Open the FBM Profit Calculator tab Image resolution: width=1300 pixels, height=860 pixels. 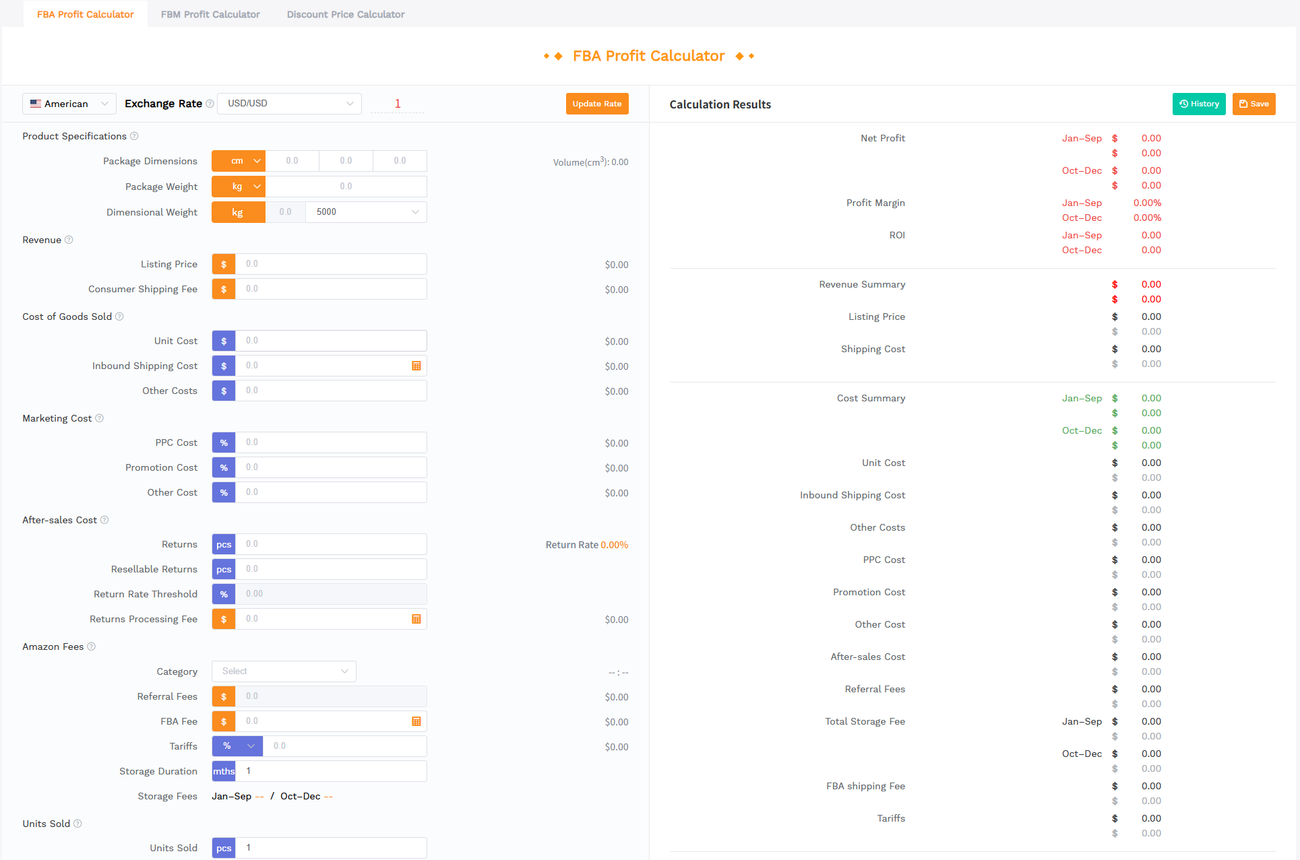coord(210,14)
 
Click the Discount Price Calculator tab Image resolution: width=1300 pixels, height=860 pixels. coord(346,14)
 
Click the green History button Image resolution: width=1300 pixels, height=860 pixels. coord(1199,104)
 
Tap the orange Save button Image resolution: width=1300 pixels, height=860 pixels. coord(1253,104)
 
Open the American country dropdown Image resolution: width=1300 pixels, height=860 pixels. coord(69,104)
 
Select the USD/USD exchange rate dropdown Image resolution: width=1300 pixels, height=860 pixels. coord(289,104)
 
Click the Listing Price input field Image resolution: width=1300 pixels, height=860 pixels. coord(330,264)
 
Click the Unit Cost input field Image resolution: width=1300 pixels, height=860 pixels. coord(330,341)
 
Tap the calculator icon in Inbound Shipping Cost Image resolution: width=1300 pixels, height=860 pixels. coord(416,366)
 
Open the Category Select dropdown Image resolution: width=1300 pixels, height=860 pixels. coord(284,671)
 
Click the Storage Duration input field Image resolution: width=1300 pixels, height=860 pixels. coord(330,771)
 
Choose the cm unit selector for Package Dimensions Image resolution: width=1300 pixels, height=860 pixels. coord(239,161)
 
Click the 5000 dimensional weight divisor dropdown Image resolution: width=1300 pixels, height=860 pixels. coord(366,212)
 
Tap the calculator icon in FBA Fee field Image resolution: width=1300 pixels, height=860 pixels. coord(416,721)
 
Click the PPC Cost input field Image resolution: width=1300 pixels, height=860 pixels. coord(330,442)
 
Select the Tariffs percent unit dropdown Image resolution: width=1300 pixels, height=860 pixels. coord(237,746)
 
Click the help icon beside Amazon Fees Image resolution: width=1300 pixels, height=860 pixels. coord(92,647)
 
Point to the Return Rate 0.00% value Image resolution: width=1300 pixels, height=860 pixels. coord(614,545)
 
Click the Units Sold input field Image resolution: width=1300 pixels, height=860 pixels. coord(330,848)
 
